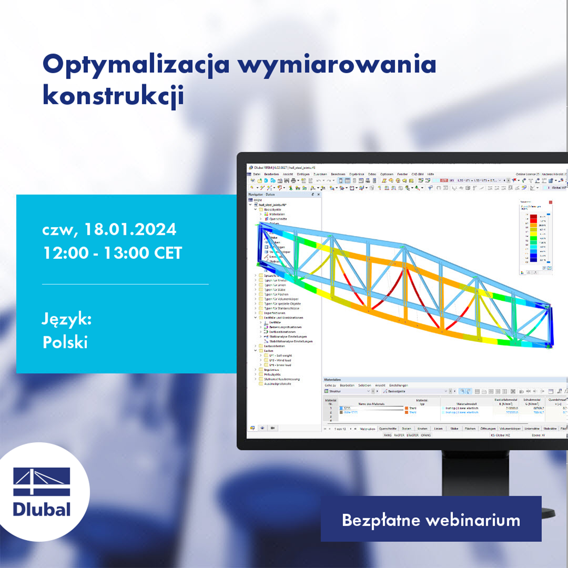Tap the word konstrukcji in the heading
point(113,95)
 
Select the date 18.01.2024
point(129,229)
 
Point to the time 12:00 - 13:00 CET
point(112,253)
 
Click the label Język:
point(67,319)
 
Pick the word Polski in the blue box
point(65,342)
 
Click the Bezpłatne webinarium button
point(430,519)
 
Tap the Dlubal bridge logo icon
point(42,482)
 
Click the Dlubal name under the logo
point(42,509)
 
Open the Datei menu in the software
point(256,174)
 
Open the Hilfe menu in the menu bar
point(431,174)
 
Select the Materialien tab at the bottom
point(367,429)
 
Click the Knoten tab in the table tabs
point(422,429)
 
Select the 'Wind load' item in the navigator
point(282,360)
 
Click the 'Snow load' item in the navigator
point(282,365)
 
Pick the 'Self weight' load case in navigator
point(282,356)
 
